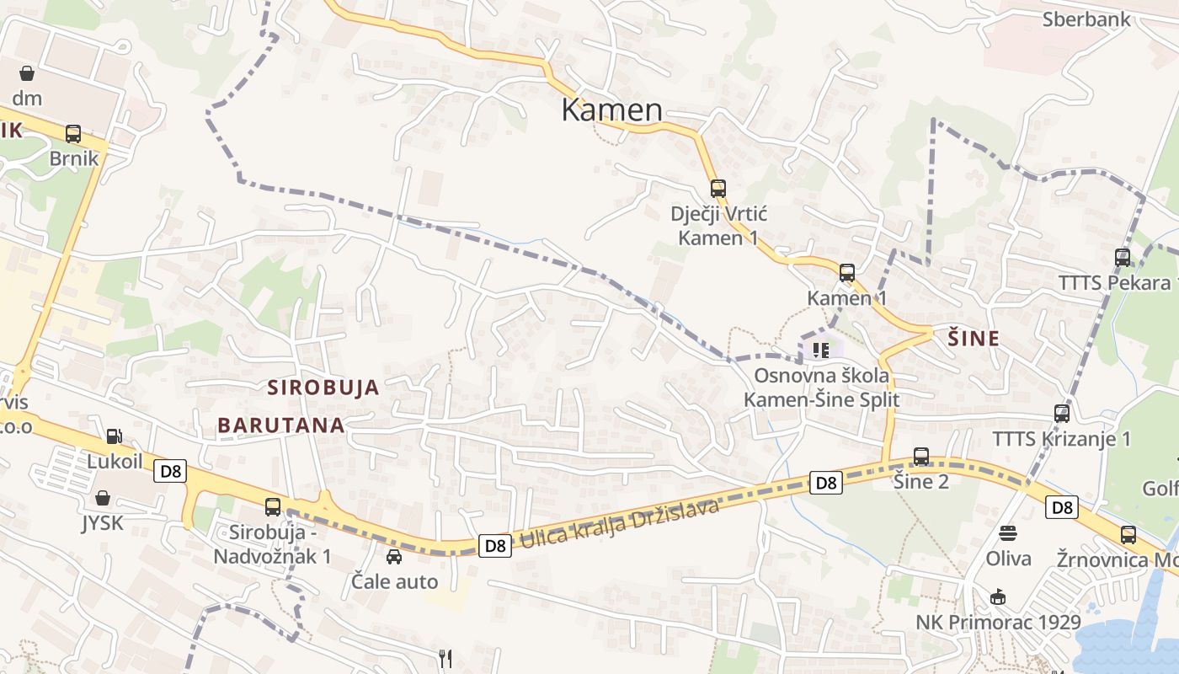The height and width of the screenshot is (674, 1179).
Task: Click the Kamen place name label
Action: point(611,110)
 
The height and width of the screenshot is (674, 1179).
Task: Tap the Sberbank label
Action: point(1086,19)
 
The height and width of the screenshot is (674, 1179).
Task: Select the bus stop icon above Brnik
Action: point(73,133)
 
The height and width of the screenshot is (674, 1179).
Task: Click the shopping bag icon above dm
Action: point(27,73)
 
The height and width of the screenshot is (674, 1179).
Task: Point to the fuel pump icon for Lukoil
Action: point(114,436)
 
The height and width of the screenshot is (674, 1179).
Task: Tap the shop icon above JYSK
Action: point(102,498)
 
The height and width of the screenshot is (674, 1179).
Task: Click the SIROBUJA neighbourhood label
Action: point(323,388)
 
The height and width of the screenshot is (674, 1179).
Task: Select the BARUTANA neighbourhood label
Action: point(281,425)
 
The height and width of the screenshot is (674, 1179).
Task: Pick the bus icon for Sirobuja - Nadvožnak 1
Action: point(272,506)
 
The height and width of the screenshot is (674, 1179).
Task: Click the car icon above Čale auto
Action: point(393,556)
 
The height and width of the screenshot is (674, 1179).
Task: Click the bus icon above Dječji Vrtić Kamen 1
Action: point(718,188)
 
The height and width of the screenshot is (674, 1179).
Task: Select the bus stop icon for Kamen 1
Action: point(846,272)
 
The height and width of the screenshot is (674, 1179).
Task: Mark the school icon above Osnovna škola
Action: point(820,349)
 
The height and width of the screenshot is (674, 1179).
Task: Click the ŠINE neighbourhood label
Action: point(974,339)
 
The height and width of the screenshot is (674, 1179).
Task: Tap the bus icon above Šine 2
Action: point(921,456)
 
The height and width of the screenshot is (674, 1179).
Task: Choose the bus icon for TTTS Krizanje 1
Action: point(1061,413)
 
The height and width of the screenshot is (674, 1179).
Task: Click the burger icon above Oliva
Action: point(1008,532)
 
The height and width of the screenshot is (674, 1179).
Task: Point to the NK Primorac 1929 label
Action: point(998,623)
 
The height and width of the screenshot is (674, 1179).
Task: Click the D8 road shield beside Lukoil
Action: point(170,471)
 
